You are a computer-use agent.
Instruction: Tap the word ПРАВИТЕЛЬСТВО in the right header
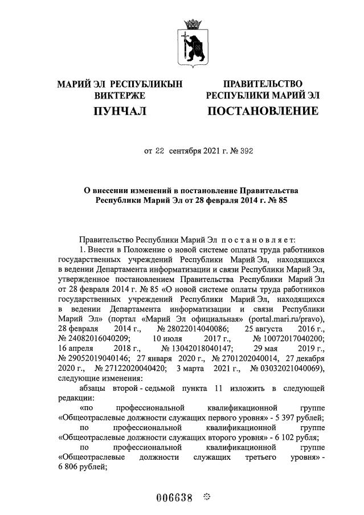(x=263, y=84)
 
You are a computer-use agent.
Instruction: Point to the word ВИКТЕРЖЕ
(x=120, y=95)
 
